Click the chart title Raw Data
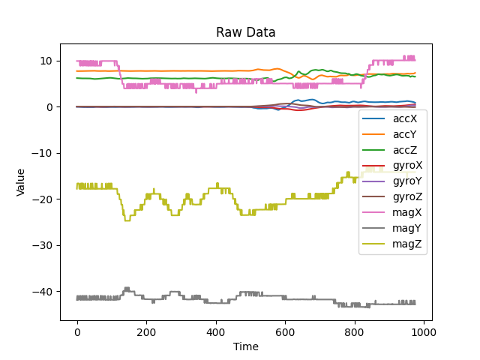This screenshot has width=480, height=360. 245,32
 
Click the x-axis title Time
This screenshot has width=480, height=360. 245,346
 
